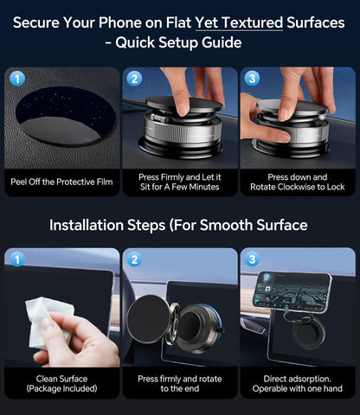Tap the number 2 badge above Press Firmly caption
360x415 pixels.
pyautogui.click(x=134, y=79)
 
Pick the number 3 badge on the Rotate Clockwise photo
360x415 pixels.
pyautogui.click(x=252, y=79)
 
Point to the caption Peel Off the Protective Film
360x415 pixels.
pyautogui.click(x=61, y=182)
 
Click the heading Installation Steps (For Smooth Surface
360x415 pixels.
pyautogui.click(x=179, y=226)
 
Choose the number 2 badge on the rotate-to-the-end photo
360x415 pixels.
pyautogui.click(x=134, y=259)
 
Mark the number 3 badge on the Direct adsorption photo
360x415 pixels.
pyautogui.click(x=252, y=259)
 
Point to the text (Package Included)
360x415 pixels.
pyautogui.click(x=61, y=388)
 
